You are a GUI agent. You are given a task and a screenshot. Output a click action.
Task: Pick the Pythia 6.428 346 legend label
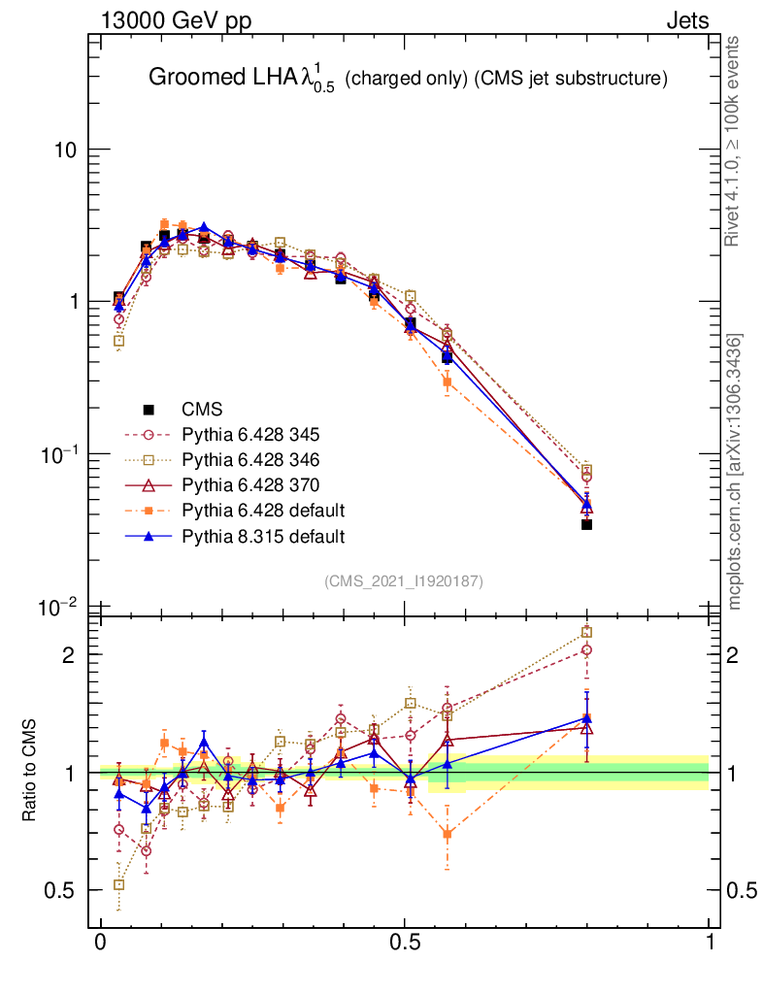pos(251,459)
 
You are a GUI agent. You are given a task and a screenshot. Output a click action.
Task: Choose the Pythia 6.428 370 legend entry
pos(251,484)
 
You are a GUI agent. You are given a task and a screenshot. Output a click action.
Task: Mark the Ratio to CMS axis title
pos(30,772)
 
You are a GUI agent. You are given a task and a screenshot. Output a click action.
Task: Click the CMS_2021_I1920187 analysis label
pos(403,580)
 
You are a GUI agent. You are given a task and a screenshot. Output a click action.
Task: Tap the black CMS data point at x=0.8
pos(586,524)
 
